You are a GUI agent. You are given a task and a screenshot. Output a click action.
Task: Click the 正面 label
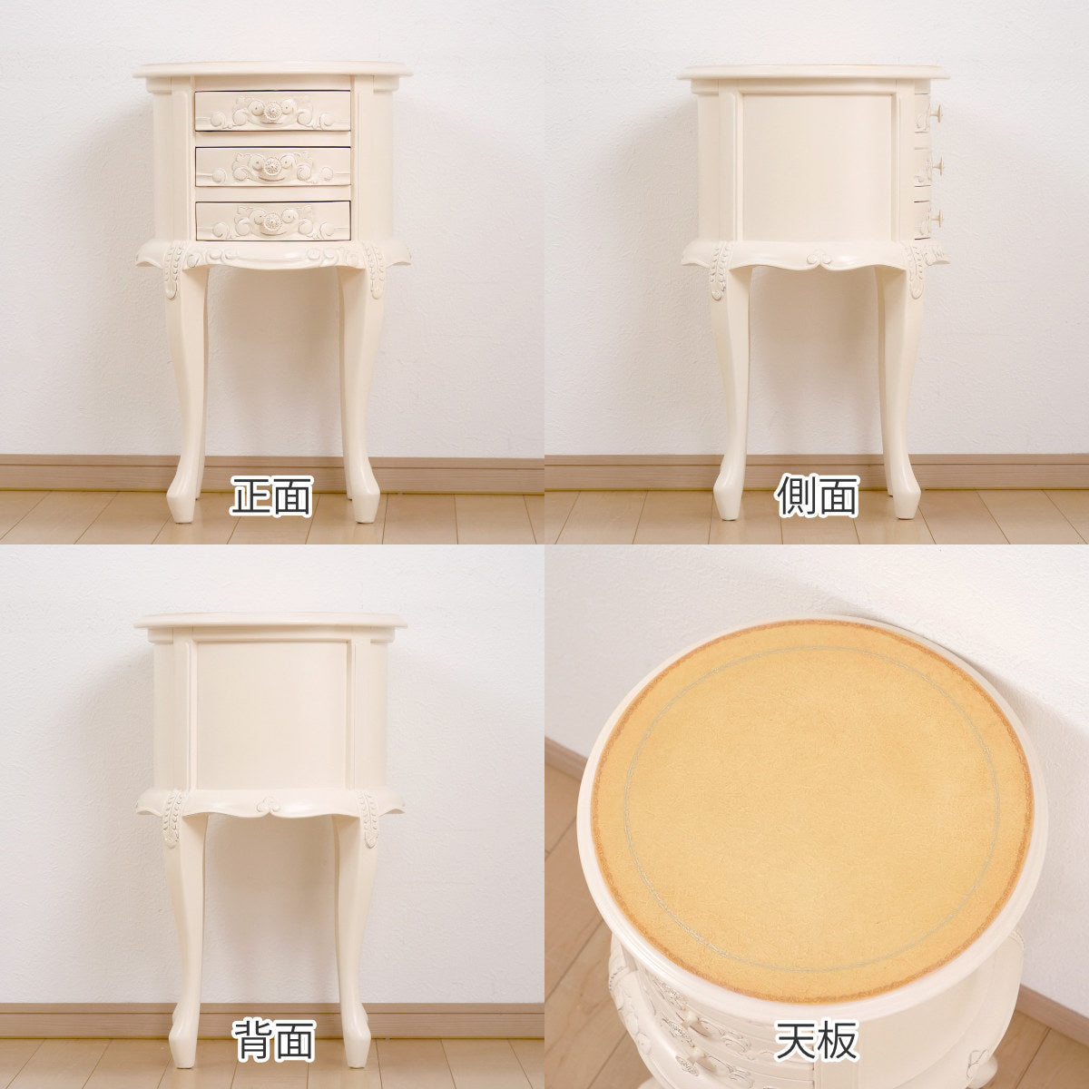(x=272, y=496)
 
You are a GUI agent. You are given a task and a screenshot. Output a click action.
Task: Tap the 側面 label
(x=817, y=496)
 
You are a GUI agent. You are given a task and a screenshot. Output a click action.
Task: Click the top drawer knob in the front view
(x=273, y=109)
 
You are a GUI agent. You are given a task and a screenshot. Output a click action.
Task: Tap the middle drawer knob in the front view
(x=273, y=167)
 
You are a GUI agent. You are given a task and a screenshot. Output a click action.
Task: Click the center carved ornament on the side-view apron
(x=821, y=259)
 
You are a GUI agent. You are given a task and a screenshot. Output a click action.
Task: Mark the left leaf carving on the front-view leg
(x=173, y=270)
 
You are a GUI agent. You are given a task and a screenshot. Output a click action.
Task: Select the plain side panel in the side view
(x=818, y=166)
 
